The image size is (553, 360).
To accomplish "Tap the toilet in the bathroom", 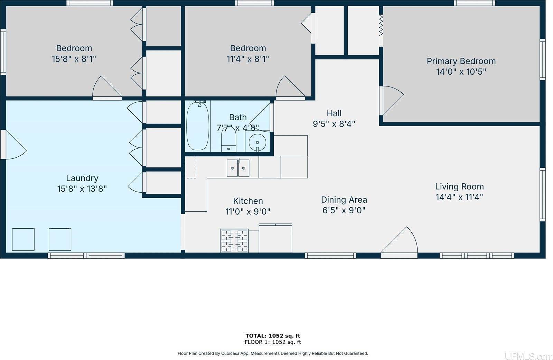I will tap(228, 142).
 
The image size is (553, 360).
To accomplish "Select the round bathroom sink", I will tap(257, 142).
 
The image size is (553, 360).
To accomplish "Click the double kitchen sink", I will tap(238, 168).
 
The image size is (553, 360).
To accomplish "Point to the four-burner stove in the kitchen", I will tap(234, 241).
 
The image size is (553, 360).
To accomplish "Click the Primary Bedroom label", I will tap(461, 61).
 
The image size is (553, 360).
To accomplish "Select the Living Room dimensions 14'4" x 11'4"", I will tap(459, 197).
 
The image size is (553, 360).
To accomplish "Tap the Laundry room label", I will tap(82, 178).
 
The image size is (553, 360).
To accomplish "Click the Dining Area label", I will tap(344, 200).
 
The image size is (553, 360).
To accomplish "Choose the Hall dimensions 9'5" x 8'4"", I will tap(334, 124).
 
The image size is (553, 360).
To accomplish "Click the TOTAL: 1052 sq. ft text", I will tap(273, 335).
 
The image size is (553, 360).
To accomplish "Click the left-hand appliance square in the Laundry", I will tap(23, 239).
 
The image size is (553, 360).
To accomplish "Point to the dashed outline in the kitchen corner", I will tap(191, 167).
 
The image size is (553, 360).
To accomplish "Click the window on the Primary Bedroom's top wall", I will tap(474, 3).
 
